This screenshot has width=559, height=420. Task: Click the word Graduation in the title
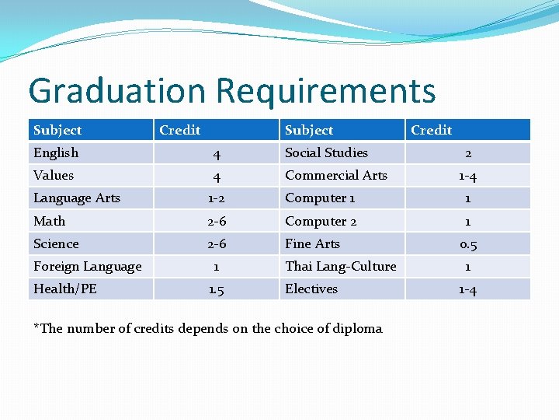click(116, 91)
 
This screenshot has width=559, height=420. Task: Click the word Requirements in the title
click(325, 91)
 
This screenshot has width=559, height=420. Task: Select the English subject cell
click(56, 153)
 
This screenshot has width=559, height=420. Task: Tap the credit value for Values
click(217, 177)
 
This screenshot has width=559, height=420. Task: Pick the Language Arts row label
click(77, 198)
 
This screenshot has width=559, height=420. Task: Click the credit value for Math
click(217, 222)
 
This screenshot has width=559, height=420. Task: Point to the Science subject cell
click(56, 244)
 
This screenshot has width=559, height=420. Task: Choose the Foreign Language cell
click(87, 267)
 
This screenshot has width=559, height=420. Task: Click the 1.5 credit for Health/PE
click(217, 289)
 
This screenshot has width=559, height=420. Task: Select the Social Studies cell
click(326, 153)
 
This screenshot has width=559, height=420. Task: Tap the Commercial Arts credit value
click(467, 177)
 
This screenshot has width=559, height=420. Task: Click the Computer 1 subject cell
click(320, 198)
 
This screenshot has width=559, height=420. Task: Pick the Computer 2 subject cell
click(321, 222)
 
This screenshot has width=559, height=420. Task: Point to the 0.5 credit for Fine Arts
click(467, 244)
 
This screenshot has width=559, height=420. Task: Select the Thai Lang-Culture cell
click(340, 267)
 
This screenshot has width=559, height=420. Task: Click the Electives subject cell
click(311, 289)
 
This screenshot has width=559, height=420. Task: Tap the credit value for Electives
click(467, 289)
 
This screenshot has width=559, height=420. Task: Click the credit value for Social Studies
click(467, 153)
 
